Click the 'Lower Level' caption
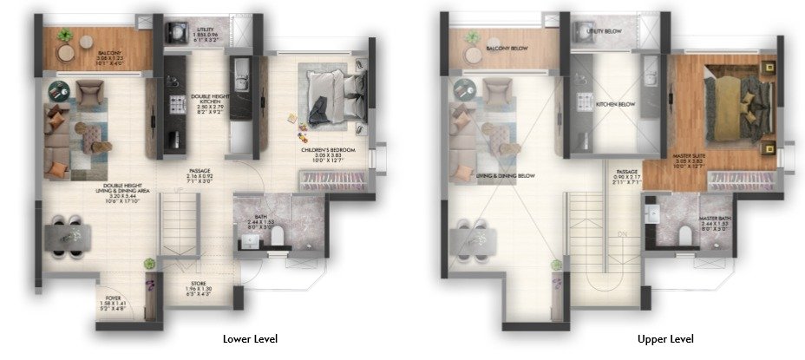pos(250,338)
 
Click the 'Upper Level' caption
pos(665,338)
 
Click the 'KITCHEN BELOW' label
pos(615,104)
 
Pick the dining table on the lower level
pos(68,235)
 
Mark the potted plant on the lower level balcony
pos(65,36)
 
